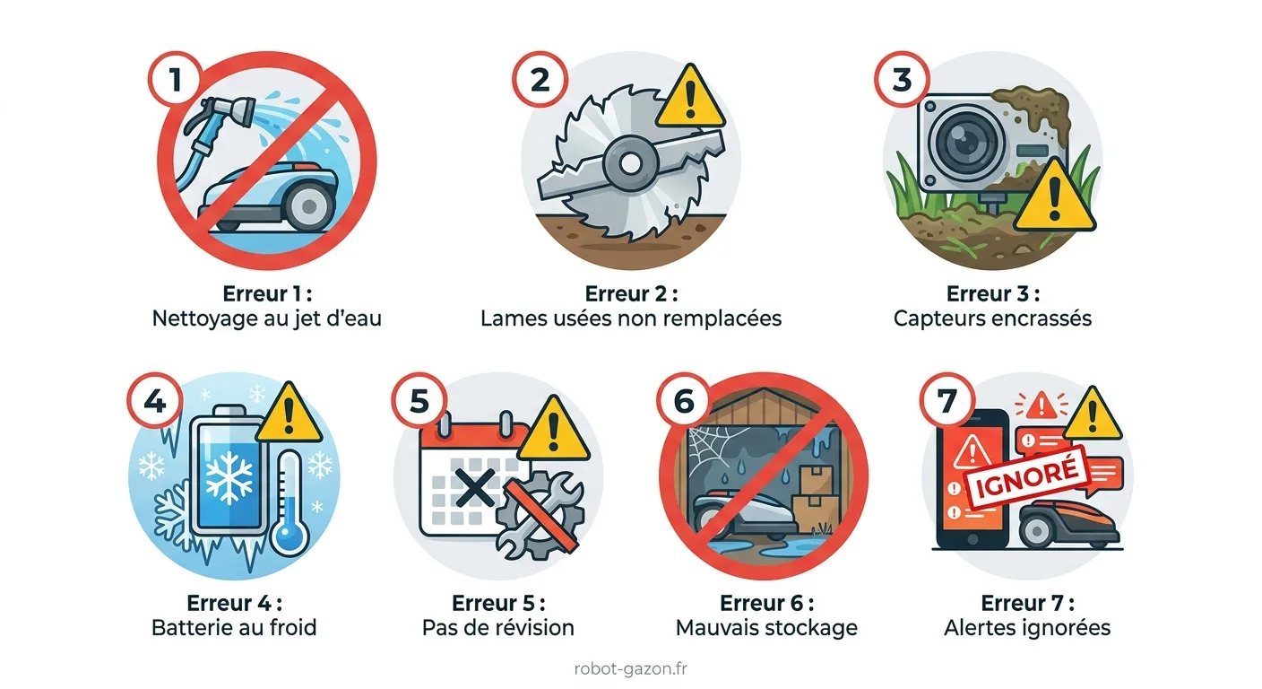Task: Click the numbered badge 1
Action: point(176,79)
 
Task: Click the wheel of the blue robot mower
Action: point(308,206)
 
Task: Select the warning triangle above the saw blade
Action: point(689,97)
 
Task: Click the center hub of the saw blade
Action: point(630,164)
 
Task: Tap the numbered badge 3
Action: point(902,79)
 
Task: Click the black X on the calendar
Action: point(474,488)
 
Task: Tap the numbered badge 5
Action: point(419,401)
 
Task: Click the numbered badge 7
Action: point(947,401)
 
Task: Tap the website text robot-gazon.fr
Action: point(630,668)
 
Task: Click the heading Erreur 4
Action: point(234,603)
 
